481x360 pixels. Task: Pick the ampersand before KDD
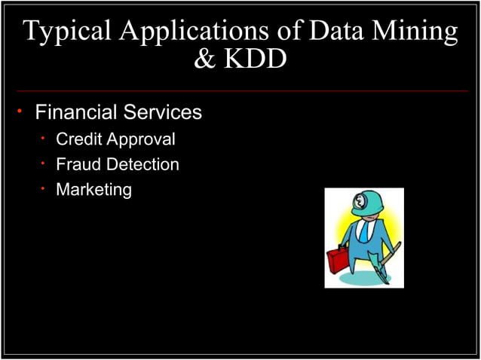coord(204,59)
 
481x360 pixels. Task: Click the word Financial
coord(77,113)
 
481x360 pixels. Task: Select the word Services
coord(163,113)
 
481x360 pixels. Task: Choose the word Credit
coord(79,139)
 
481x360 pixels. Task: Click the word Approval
coord(141,140)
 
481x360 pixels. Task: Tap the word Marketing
coord(94,190)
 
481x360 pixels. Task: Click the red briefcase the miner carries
coord(337,261)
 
